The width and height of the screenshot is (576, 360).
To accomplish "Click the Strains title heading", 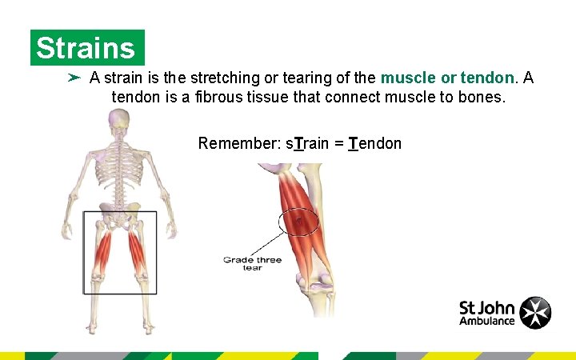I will (86, 48).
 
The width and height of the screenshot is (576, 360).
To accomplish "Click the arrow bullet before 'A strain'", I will (74, 78).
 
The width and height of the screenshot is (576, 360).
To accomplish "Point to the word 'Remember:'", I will (238, 143).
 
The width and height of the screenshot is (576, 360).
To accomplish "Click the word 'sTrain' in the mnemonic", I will (307, 143).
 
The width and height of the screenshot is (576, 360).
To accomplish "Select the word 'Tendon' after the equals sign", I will (375, 143).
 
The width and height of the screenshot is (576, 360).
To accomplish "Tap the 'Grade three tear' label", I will (253, 263).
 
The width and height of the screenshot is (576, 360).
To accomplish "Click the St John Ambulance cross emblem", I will (535, 313).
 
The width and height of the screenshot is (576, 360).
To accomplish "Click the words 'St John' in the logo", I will (486, 306).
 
